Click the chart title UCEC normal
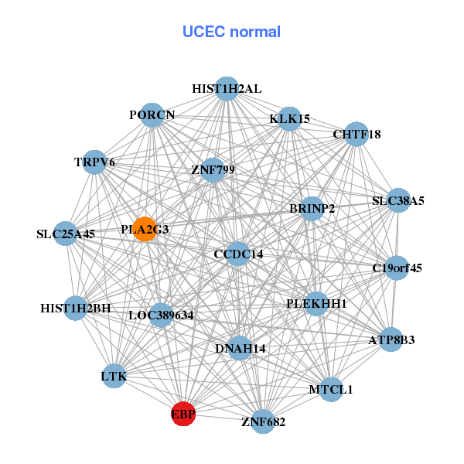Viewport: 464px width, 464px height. (231, 32)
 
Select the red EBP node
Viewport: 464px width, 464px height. (183, 415)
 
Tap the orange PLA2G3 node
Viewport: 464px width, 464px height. (145, 229)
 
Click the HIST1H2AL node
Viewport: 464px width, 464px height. (227, 89)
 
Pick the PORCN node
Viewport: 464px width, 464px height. (152, 115)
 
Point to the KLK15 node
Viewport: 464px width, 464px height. (289, 119)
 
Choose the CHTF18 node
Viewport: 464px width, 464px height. (356, 135)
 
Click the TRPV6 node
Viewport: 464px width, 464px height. (94, 162)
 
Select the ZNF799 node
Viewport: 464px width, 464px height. (213, 169)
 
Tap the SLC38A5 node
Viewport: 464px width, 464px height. (397, 201)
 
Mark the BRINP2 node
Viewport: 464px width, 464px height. (312, 209)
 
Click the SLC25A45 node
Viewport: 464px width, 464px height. (66, 234)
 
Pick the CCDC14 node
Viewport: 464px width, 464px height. (238, 254)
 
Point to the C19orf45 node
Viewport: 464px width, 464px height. (397, 268)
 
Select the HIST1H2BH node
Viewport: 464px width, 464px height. (76, 309)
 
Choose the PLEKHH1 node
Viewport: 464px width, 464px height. (316, 304)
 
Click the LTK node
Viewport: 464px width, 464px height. (114, 377)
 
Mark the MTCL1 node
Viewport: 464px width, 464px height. (330, 390)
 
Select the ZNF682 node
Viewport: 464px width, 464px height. (263, 421)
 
